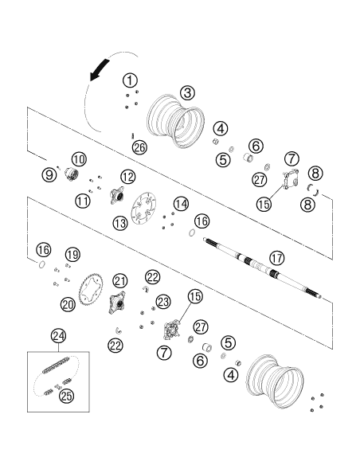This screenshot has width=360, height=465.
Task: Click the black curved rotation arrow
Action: [x=100, y=70]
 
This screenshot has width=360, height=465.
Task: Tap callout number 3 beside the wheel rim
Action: [x=187, y=93]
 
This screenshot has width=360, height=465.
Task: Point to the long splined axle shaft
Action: [x=263, y=268]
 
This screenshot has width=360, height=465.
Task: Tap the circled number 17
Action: [x=276, y=258]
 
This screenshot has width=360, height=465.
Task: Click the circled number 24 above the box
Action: [x=58, y=336]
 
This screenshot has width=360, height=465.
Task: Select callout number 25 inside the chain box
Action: [x=66, y=396]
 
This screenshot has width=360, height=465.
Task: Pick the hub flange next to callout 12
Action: [x=116, y=195]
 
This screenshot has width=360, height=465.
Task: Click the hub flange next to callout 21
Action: [x=117, y=303]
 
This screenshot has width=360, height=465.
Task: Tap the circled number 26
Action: [x=139, y=147]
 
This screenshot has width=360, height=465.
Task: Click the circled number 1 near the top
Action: [x=130, y=80]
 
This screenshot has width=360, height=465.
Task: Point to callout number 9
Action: [x=49, y=174]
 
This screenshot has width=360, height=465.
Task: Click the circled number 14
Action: [x=181, y=204]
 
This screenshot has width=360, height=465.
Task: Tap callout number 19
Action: [x=72, y=255]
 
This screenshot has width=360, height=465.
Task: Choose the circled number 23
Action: [x=163, y=302]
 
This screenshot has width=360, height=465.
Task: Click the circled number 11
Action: [x=83, y=201]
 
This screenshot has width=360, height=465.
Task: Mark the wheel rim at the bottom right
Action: [x=275, y=381]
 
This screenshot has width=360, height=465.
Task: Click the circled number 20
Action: [x=68, y=304]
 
